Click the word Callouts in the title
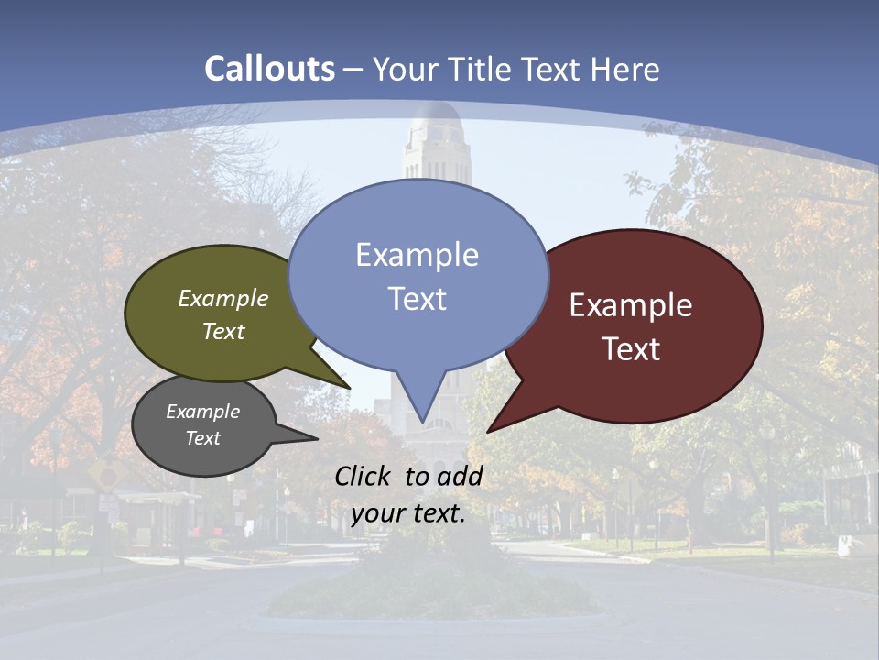click(x=269, y=69)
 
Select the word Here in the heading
click(x=625, y=70)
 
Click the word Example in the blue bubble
click(x=417, y=255)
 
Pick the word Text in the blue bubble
click(x=417, y=299)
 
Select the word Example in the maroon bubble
click(x=631, y=305)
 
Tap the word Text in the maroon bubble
click(x=631, y=349)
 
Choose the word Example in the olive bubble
click(x=223, y=299)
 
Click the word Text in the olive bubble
click(x=223, y=332)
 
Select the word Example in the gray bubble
click(x=202, y=412)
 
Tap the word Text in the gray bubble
click(x=202, y=438)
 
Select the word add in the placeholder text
click(x=460, y=476)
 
